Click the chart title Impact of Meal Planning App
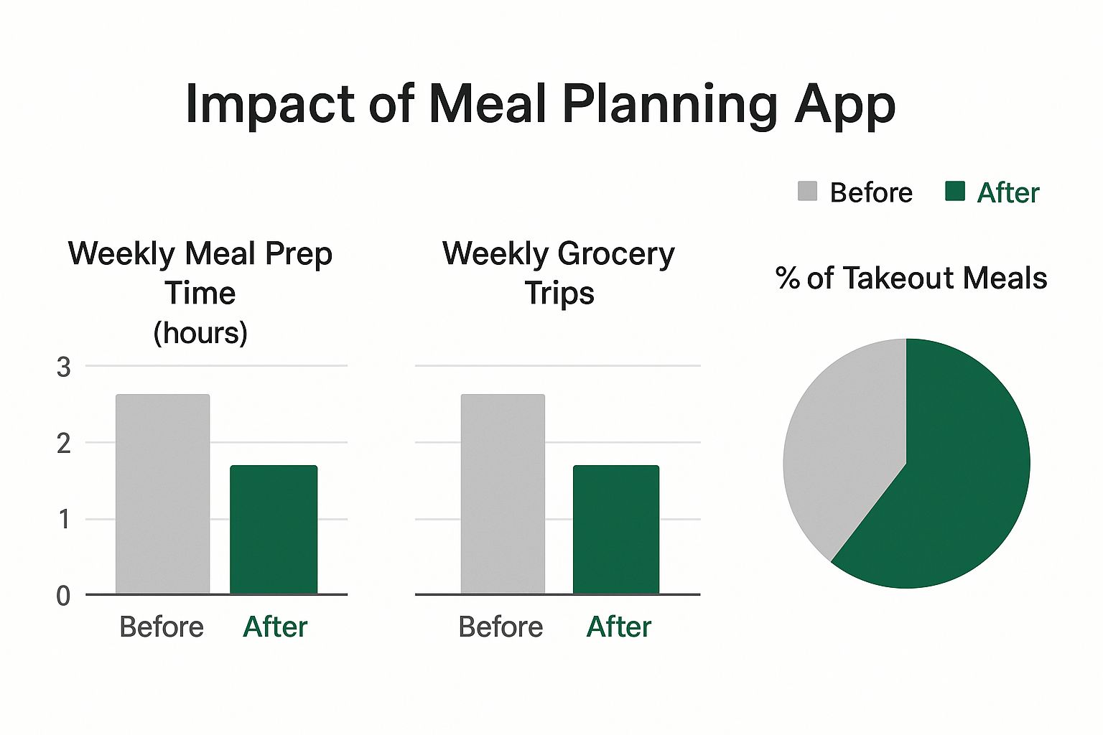[x=540, y=105]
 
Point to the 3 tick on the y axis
[x=64, y=367]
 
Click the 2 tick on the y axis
[x=64, y=444]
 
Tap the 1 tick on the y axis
[x=64, y=520]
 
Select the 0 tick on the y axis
[x=64, y=596]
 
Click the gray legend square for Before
[x=807, y=192]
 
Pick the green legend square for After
[x=954, y=192]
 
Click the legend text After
[x=1007, y=193]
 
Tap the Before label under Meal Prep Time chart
[x=162, y=627]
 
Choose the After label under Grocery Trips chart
[x=618, y=627]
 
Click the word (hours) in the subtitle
[x=200, y=333]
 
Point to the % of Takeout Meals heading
[x=911, y=278]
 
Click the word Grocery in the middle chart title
[x=615, y=255]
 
